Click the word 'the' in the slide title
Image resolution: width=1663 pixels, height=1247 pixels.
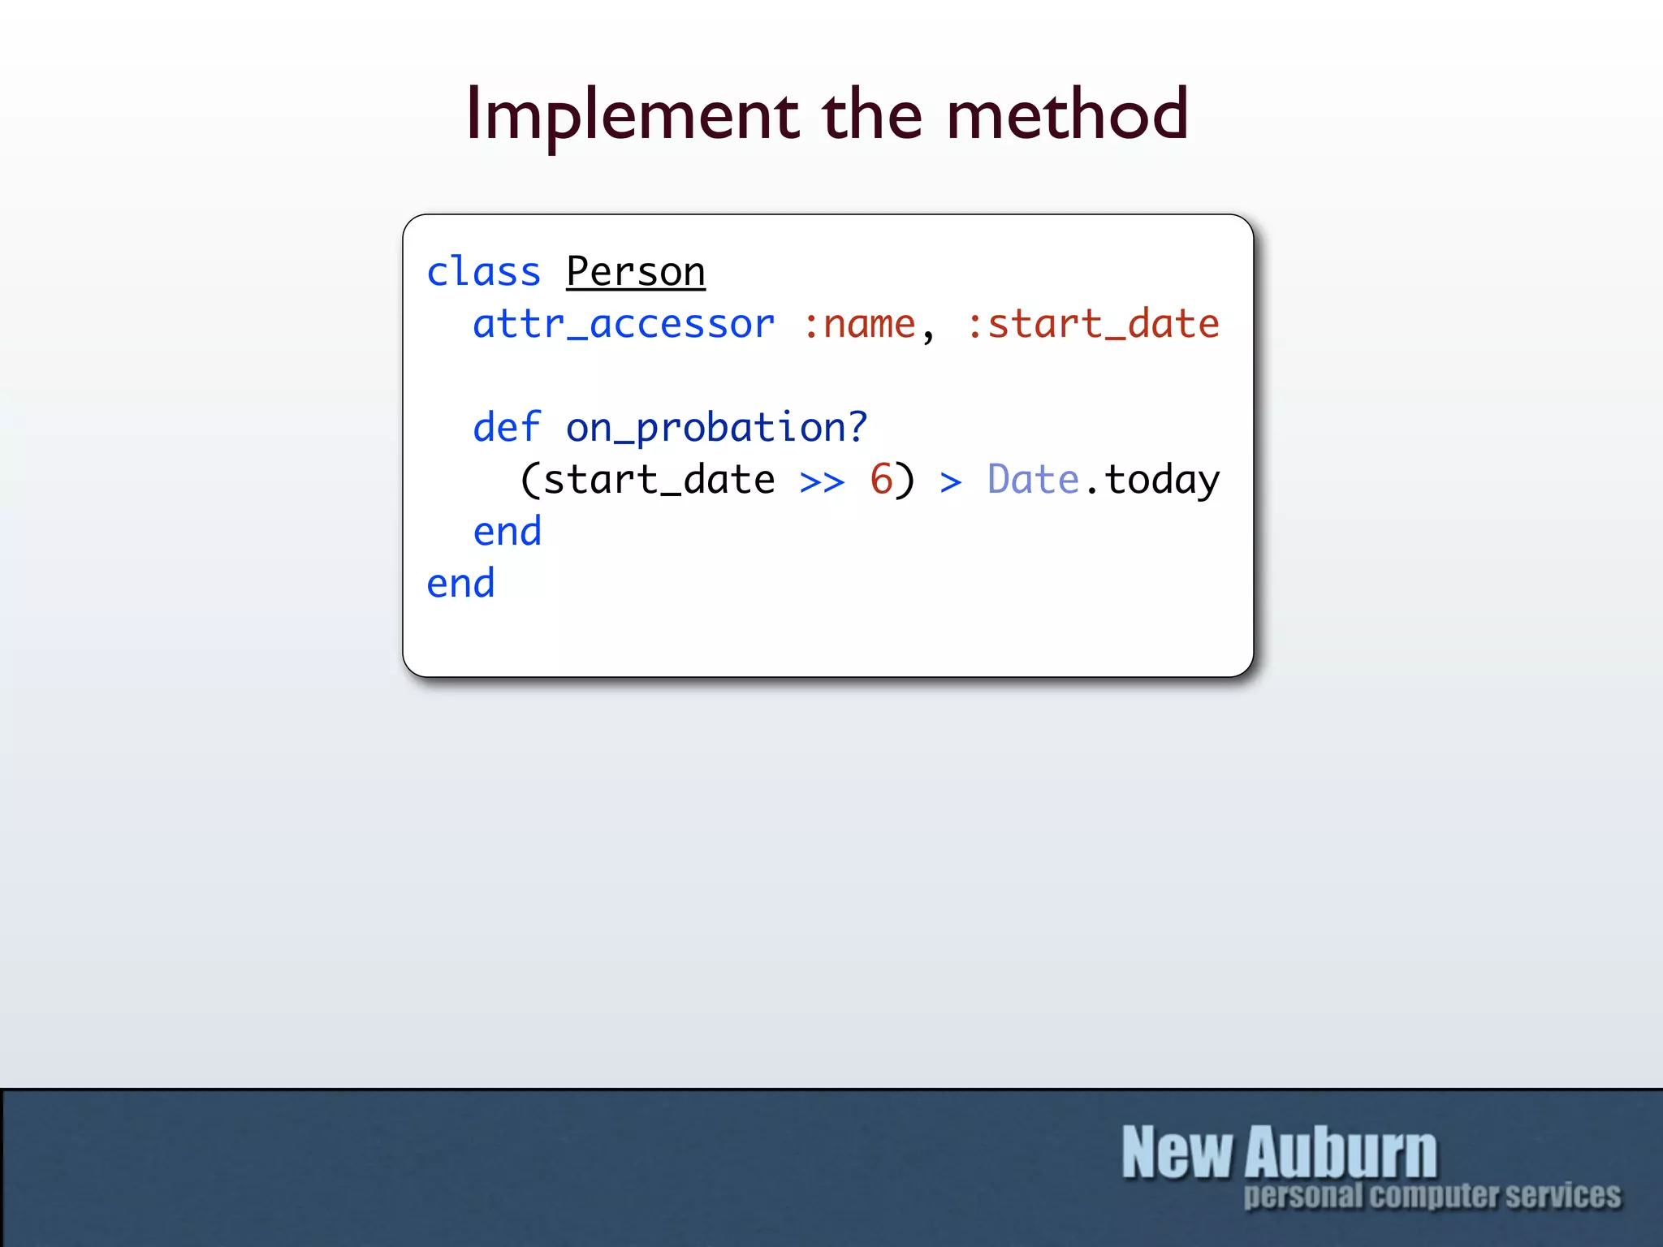872,114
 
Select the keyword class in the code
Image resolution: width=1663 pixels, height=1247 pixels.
484,272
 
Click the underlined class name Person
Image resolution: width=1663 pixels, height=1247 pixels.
636,272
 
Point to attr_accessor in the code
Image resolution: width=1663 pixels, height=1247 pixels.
624,325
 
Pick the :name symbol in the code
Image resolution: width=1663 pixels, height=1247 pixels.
859,325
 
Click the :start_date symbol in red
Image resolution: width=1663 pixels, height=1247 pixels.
1093,325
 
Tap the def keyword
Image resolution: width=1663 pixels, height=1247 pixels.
507,428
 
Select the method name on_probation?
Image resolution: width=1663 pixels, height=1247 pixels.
716,428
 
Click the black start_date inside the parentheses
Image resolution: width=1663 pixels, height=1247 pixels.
659,480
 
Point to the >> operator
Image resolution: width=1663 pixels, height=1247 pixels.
822,481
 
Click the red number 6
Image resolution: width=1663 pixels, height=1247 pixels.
881,479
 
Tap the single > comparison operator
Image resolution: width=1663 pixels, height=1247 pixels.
951,482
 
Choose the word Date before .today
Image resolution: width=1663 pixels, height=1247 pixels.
1033,479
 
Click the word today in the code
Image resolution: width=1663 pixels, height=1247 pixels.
1162,481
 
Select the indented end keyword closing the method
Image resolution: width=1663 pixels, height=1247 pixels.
507,532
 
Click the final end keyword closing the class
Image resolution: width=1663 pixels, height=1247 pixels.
460,584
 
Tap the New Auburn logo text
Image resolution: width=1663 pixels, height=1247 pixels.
1279,1152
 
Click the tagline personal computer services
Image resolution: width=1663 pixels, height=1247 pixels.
1432,1196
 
